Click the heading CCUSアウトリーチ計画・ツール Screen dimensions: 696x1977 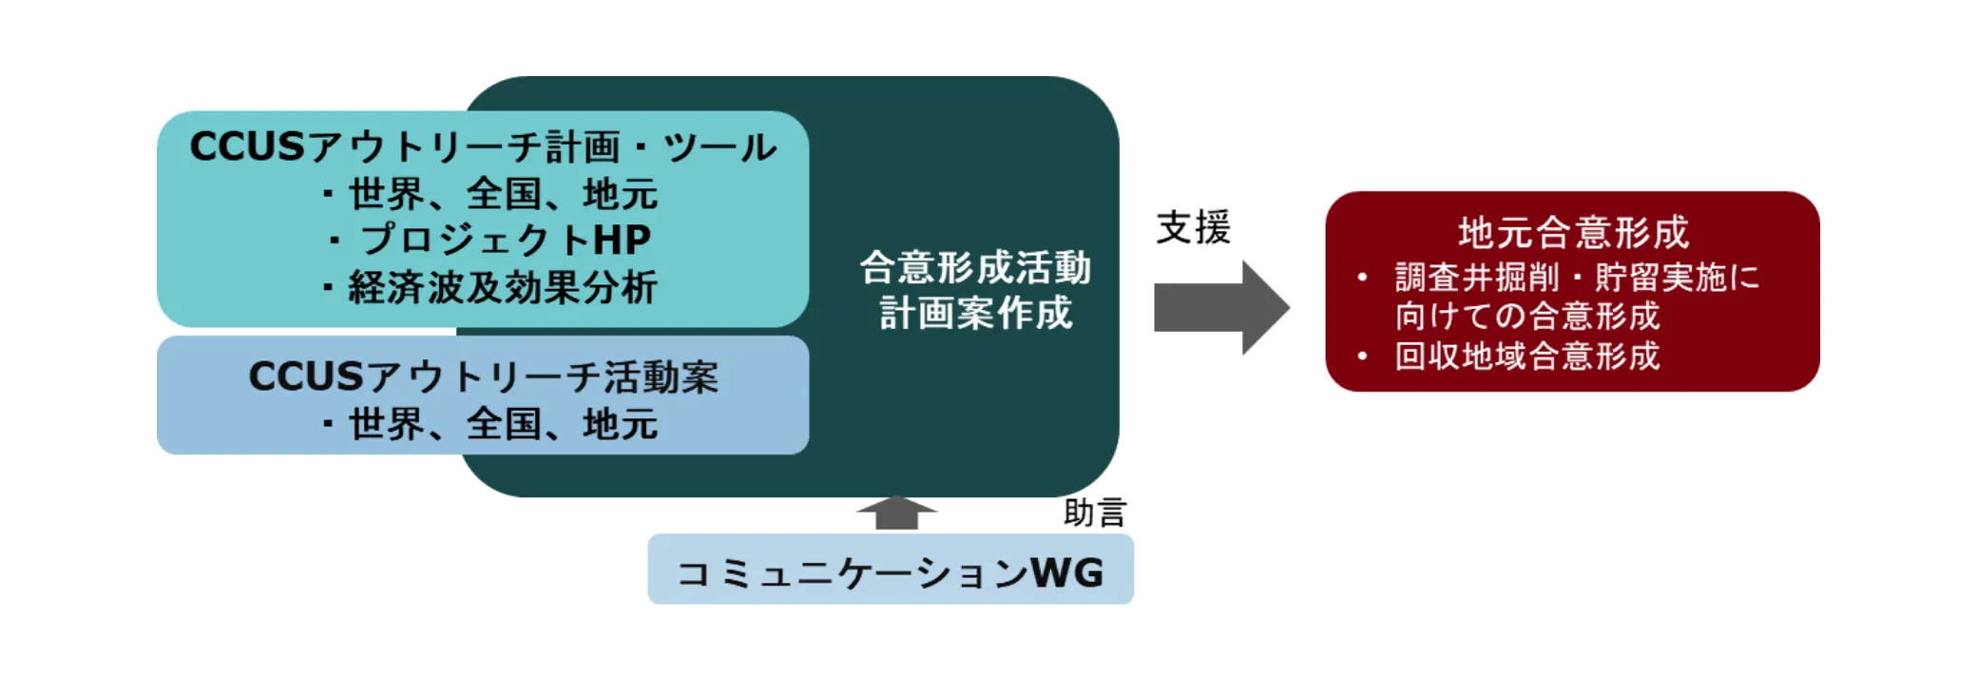click(x=483, y=147)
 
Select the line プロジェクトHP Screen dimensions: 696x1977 click(x=504, y=240)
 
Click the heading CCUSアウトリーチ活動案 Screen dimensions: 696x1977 click(x=483, y=377)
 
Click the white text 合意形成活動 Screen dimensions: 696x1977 click(x=975, y=267)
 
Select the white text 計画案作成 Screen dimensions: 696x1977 click(x=975, y=313)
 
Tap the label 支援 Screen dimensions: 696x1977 click(x=1193, y=227)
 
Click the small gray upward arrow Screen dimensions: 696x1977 click(x=896, y=512)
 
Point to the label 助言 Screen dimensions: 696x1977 click(x=1094, y=512)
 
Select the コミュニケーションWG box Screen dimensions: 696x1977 click(x=890, y=570)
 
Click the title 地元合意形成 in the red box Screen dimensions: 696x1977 click(x=1573, y=232)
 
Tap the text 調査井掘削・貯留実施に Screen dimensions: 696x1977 click(x=1577, y=278)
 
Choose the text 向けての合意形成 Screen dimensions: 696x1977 click(x=1526, y=316)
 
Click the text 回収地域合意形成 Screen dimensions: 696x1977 click(x=1526, y=356)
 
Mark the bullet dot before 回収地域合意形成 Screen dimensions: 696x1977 click(x=1362, y=357)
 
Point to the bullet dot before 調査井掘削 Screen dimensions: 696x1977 click(x=1362, y=278)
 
